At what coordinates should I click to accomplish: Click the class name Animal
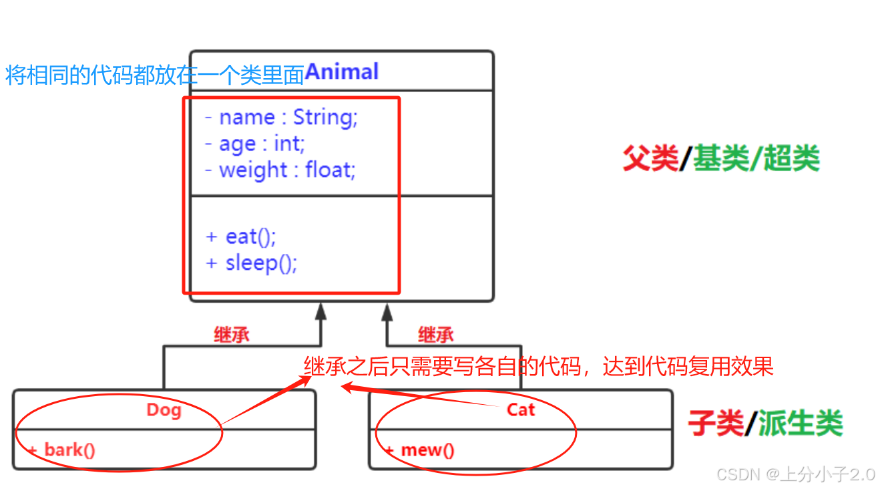point(342,71)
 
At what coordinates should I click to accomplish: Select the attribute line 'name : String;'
point(282,118)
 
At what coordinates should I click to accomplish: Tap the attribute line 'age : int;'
point(255,144)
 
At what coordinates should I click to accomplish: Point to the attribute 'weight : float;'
point(280,170)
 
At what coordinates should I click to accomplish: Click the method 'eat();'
point(241,236)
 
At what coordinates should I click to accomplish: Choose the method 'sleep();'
point(252,263)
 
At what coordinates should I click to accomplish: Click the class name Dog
point(164,410)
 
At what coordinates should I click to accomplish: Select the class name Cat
point(521,410)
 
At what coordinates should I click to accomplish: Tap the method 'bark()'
point(63,450)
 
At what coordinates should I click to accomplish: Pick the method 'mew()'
point(420,450)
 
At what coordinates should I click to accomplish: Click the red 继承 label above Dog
point(232,334)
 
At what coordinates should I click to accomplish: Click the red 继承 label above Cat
point(436,334)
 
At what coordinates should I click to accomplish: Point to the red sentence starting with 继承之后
point(538,366)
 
